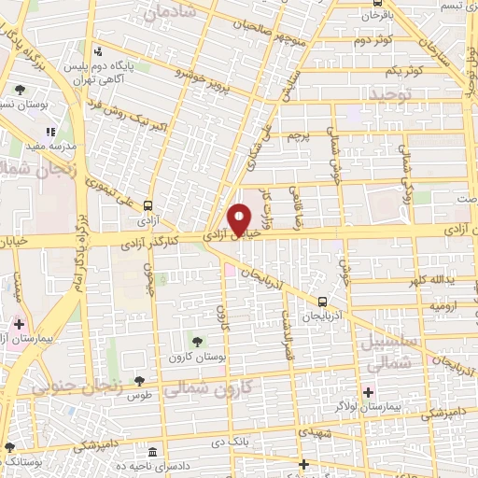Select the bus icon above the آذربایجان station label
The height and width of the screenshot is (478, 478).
(x=322, y=302)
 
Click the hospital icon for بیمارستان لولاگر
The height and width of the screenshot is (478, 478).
(x=368, y=392)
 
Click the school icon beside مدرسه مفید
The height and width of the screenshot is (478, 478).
(x=49, y=132)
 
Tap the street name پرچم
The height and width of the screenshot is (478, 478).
(x=296, y=138)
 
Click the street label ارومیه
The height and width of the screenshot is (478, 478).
(x=415, y=305)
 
